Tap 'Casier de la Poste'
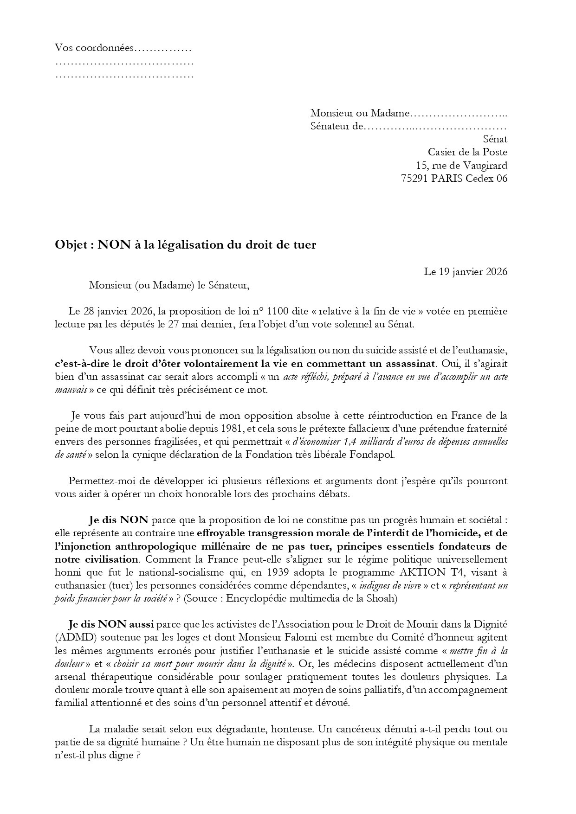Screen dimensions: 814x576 pyautogui.click(x=467, y=152)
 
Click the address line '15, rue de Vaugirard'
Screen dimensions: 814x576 pyautogui.click(x=461, y=165)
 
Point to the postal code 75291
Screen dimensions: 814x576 pyautogui.click(x=414, y=178)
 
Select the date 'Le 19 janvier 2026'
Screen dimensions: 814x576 pyautogui.click(x=465, y=272)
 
